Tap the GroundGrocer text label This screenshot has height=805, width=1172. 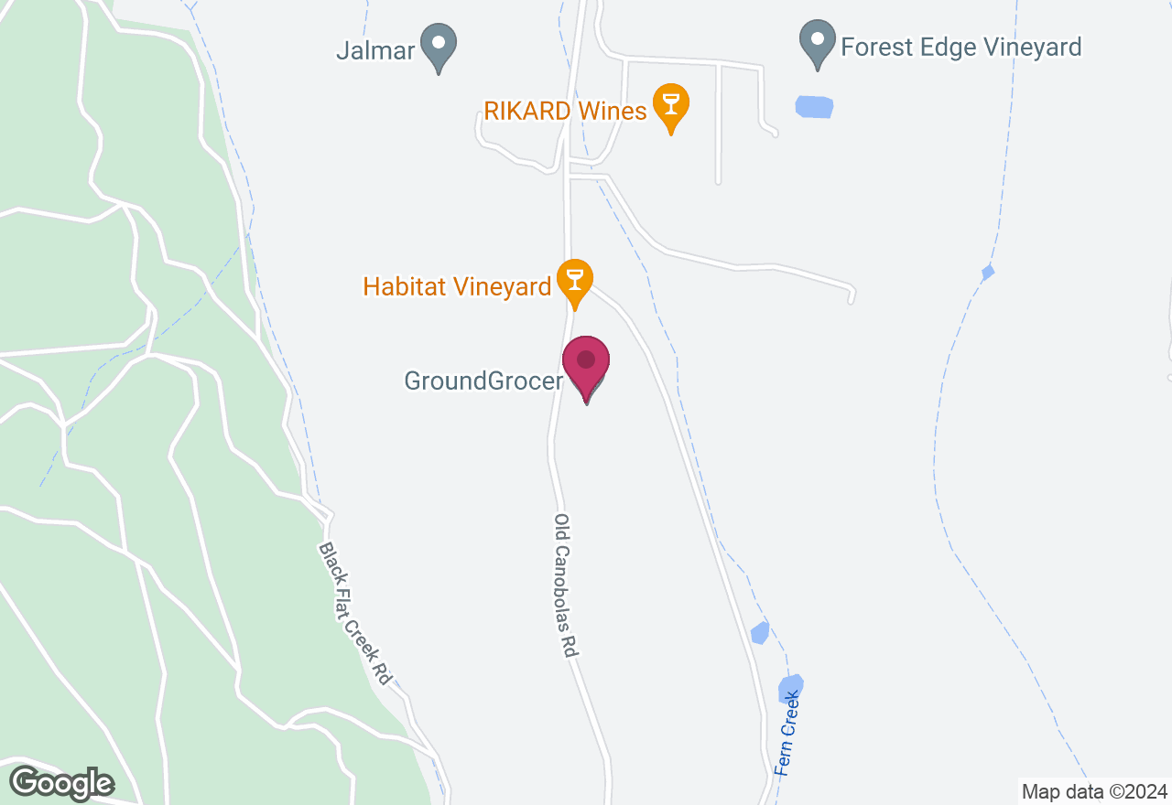[x=483, y=381]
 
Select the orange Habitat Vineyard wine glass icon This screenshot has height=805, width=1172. [x=575, y=280]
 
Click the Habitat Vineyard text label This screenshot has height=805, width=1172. [x=457, y=287]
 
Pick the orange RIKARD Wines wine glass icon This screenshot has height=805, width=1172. [x=671, y=104]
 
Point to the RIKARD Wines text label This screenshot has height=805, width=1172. [x=565, y=112]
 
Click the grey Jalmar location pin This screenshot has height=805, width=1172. [x=439, y=44]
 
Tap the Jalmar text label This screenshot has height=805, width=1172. [x=375, y=49]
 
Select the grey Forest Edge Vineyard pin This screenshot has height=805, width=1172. [x=817, y=42]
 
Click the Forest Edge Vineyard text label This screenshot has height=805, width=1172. [x=961, y=47]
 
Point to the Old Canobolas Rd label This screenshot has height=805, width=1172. [x=566, y=585]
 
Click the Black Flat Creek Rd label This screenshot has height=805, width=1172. [x=355, y=613]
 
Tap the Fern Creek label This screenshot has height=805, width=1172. [x=787, y=734]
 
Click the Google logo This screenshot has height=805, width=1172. [x=61, y=783]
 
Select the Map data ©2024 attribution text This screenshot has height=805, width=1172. [x=1095, y=791]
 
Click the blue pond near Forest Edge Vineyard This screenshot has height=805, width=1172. [x=814, y=107]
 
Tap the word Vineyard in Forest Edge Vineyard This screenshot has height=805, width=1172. [x=1029, y=47]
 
